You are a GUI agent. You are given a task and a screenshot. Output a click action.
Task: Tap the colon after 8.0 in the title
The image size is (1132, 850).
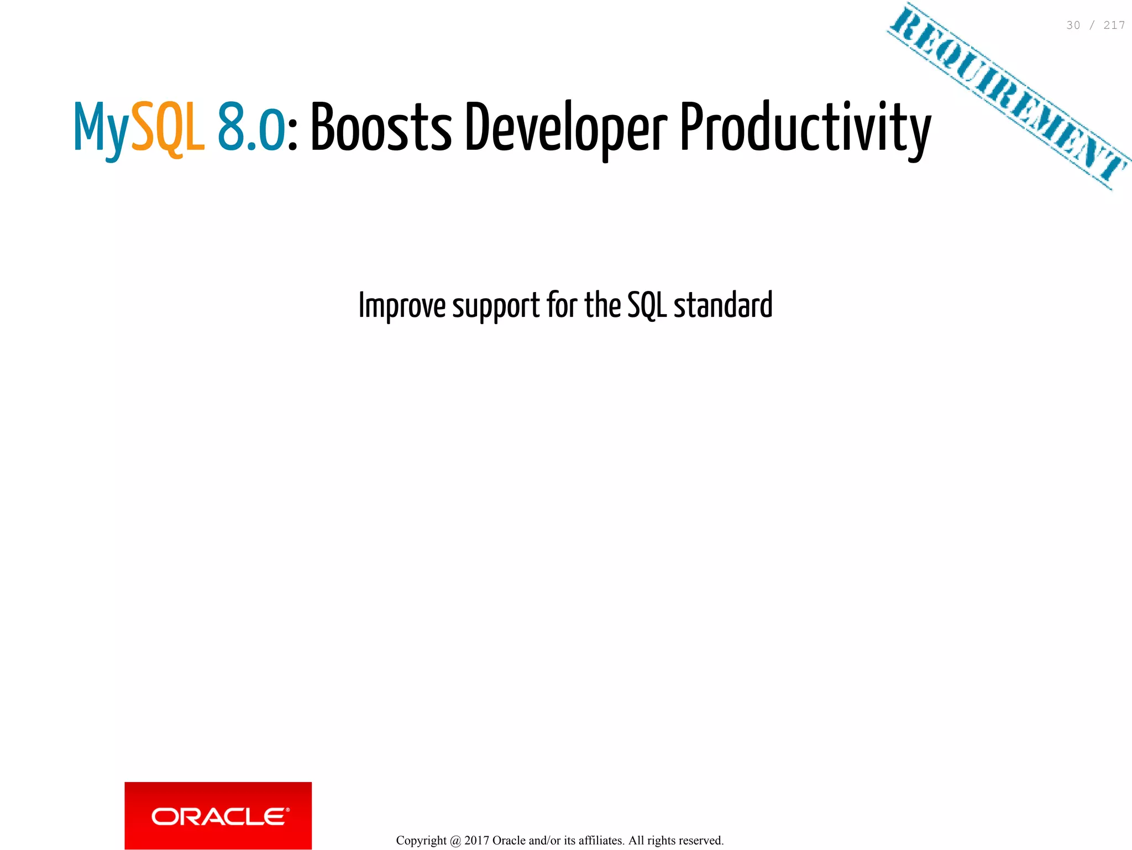[x=293, y=135]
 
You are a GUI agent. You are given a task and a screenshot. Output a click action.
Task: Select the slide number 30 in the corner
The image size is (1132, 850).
[x=1073, y=25]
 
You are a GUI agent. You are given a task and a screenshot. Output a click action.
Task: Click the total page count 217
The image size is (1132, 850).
[x=1114, y=25]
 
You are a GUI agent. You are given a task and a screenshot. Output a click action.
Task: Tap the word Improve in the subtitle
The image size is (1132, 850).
[x=402, y=305]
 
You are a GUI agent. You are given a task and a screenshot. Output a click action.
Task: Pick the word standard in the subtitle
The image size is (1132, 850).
[x=723, y=305]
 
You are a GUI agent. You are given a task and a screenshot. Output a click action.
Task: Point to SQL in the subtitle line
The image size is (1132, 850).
[x=647, y=305]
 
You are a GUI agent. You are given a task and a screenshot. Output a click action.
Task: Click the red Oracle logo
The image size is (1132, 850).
[x=218, y=816]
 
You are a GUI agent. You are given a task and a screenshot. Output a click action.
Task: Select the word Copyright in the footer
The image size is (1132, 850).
[x=421, y=841]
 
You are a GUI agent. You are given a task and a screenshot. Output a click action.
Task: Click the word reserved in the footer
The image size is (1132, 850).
[x=703, y=841]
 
